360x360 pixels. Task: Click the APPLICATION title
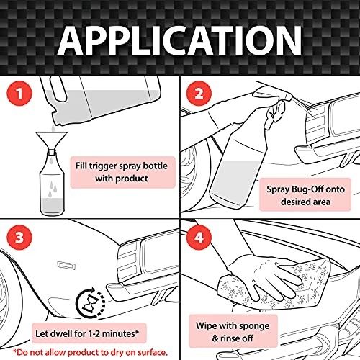[x=179, y=40]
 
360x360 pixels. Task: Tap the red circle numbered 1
[x=19, y=93]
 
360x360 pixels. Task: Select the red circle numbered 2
[x=199, y=93]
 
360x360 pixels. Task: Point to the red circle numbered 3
[x=19, y=238]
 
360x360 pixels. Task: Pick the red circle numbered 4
[x=199, y=238]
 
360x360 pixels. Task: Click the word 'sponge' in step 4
[x=254, y=326]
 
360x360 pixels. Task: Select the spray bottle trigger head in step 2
[x=276, y=113]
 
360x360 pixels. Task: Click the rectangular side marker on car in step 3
[x=66, y=266]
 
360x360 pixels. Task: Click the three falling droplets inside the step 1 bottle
[x=53, y=189]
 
